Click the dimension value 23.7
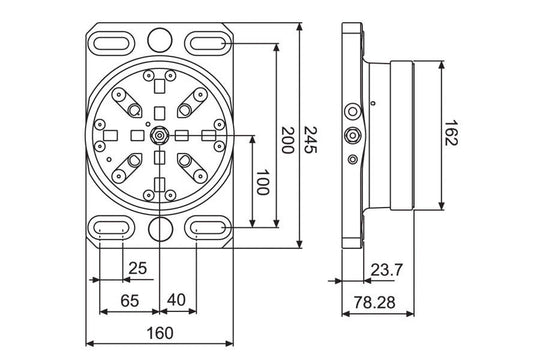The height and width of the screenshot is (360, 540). coord(385,269)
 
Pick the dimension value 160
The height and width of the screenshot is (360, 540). coord(160,333)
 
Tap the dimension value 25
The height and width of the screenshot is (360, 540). coord(137,269)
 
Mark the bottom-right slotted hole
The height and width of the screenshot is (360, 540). coord(210,229)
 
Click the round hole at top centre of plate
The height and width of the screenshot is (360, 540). coord(160,40)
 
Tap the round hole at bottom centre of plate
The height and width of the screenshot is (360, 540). coord(160,230)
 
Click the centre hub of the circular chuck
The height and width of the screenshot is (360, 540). coord(160,135)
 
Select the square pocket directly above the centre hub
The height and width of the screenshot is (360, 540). coord(160,110)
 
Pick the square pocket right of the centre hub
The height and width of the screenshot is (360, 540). coord(184,135)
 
